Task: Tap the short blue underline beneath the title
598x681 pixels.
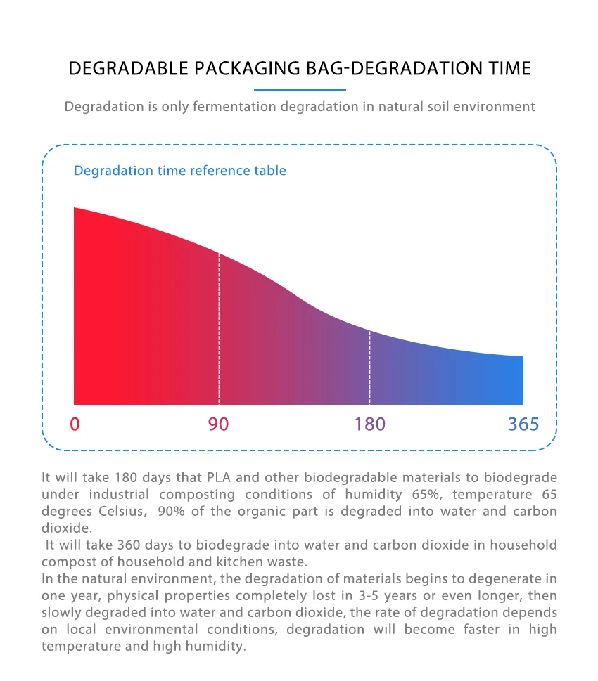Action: click(x=300, y=90)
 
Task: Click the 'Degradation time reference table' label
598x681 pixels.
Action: click(x=180, y=171)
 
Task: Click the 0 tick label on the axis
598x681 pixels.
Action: click(x=75, y=424)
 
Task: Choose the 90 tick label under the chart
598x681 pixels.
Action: click(x=218, y=424)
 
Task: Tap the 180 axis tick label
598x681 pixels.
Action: click(x=369, y=424)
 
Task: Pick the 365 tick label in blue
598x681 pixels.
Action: click(x=523, y=424)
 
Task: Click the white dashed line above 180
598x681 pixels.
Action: click(x=369, y=365)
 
